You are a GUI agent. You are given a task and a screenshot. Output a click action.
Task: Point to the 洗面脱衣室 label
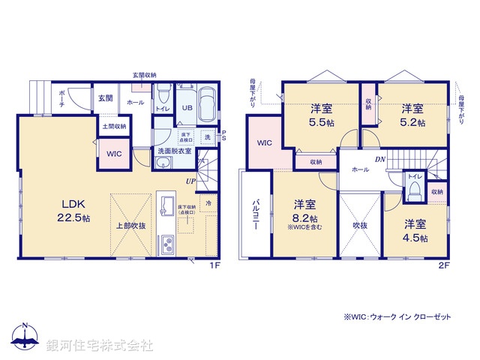(174, 151)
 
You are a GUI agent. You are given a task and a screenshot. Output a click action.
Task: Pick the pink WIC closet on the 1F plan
(114, 153)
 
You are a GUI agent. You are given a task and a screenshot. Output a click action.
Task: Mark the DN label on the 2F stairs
(380, 160)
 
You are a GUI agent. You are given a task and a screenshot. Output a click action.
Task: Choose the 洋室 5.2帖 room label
(412, 114)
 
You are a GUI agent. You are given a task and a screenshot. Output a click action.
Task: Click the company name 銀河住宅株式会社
(100, 345)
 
